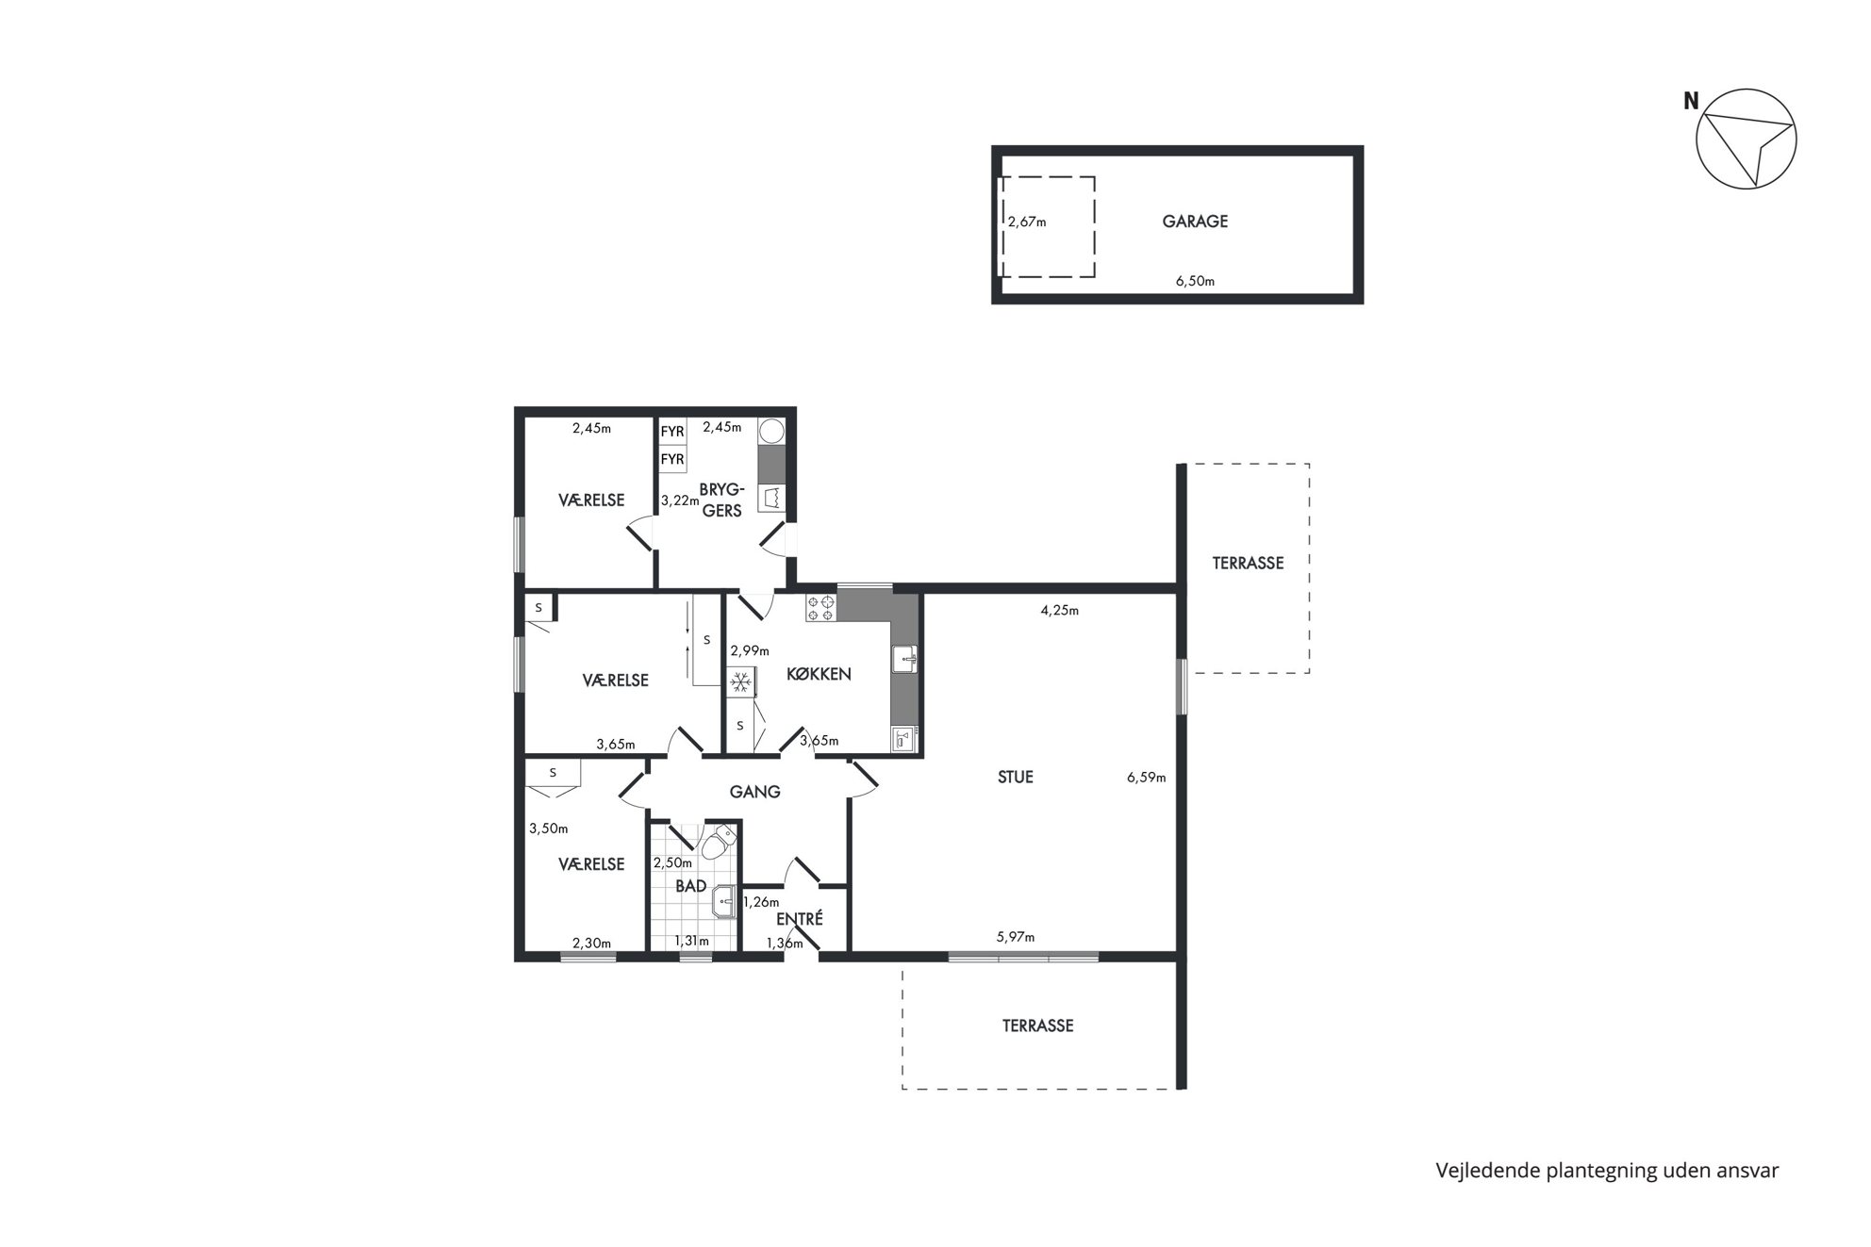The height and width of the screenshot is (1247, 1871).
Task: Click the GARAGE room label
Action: coord(1194,222)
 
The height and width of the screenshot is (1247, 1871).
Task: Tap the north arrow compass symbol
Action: coord(1745,140)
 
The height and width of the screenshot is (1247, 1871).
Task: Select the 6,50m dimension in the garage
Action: coord(1195,281)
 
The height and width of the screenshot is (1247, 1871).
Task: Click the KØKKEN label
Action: coord(819,674)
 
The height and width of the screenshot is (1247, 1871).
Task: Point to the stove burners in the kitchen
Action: coord(820,607)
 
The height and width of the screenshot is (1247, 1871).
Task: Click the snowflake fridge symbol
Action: coord(741,681)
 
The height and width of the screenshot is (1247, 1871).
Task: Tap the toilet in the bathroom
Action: coord(720,841)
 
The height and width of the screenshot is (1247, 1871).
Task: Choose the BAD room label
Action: coord(690,886)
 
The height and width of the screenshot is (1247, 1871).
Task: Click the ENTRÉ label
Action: coord(800,918)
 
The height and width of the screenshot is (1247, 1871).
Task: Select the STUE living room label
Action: coord(1016,777)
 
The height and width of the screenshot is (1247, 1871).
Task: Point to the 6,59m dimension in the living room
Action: coord(1146,778)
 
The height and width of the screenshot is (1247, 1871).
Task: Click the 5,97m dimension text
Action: coord(1016,937)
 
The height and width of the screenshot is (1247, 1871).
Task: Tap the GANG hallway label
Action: coord(754,792)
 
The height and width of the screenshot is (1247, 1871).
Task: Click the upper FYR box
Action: coord(672,432)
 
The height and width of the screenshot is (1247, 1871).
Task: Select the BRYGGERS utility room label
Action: coord(721,500)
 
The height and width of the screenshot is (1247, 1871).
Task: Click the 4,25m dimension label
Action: coord(1059,610)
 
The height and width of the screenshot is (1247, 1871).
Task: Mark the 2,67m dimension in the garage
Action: coord(1027,222)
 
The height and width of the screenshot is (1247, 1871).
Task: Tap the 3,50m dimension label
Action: coord(548,829)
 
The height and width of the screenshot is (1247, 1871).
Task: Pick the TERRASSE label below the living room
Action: coord(1037,1025)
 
